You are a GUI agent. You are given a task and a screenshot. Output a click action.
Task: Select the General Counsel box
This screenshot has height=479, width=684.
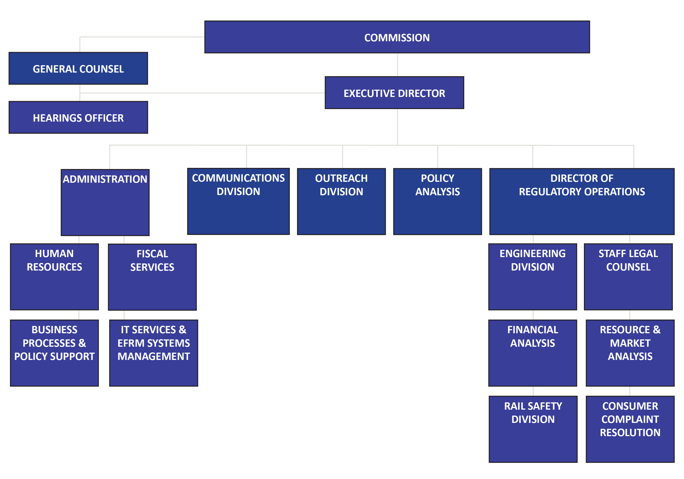pyautogui.click(x=78, y=69)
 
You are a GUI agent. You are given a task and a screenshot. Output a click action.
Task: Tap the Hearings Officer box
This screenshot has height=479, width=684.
pyautogui.click(x=78, y=117)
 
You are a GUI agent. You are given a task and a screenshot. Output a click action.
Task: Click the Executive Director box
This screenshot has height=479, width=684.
pyautogui.click(x=394, y=93)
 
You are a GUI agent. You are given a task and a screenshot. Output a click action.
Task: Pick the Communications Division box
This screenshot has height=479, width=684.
pyautogui.click(x=238, y=201)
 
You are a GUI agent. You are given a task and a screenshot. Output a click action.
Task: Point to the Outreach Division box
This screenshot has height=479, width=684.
pyautogui.click(x=341, y=201)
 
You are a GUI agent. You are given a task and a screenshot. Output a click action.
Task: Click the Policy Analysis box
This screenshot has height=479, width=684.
pyautogui.click(x=437, y=201)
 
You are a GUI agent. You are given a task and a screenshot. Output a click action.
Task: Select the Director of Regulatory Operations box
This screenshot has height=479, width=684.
pyautogui.click(x=582, y=201)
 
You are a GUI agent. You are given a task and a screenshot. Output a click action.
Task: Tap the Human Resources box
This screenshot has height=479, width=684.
pyautogui.click(x=54, y=277)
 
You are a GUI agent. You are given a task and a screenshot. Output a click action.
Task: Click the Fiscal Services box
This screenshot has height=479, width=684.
pyautogui.click(x=152, y=277)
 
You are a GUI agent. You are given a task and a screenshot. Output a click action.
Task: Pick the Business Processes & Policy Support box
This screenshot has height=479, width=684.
pyautogui.click(x=54, y=353)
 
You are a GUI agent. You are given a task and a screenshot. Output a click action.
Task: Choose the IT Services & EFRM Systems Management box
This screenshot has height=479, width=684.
pyautogui.click(x=154, y=353)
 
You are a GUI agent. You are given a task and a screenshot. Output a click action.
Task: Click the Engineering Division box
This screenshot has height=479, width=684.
pyautogui.click(x=533, y=277)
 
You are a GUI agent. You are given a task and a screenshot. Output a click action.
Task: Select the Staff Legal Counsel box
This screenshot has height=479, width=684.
pyautogui.click(x=628, y=277)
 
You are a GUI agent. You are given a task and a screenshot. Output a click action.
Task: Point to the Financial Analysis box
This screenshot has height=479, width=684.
pyautogui.click(x=533, y=353)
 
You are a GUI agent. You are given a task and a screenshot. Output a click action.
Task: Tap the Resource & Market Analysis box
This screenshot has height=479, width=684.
pyautogui.click(x=630, y=353)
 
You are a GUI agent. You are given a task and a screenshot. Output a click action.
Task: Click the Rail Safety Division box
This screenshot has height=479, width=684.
pyautogui.click(x=533, y=429)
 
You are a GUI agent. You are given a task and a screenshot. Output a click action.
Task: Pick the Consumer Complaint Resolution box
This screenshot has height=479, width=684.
pyautogui.click(x=630, y=429)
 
